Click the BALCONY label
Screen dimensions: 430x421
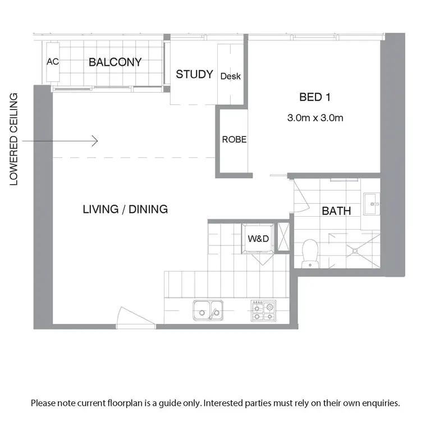[x=115, y=62]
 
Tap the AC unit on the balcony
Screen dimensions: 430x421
[x=53, y=62]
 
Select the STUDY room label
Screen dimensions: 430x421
[x=194, y=74]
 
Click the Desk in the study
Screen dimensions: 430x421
[x=231, y=76]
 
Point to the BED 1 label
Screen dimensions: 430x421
[x=314, y=98]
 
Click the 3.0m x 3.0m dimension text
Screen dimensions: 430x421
[x=315, y=118]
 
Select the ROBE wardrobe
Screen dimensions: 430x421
[x=234, y=140]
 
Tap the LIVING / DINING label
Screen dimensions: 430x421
[x=125, y=209]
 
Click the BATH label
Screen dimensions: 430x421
[x=336, y=211]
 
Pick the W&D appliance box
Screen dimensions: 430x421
[x=259, y=239]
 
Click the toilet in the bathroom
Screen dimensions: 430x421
[x=309, y=253]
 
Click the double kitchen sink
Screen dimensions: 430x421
[x=208, y=310]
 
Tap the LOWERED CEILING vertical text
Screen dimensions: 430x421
[x=14, y=139]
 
